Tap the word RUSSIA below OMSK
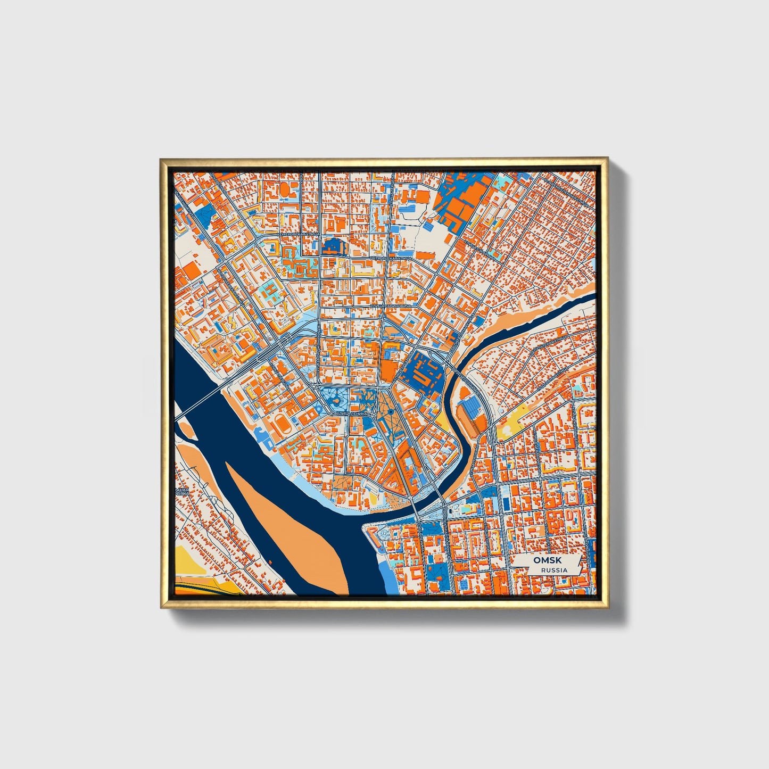(554, 570)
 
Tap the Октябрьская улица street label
(391, 258)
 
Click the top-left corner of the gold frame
(161, 159)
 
